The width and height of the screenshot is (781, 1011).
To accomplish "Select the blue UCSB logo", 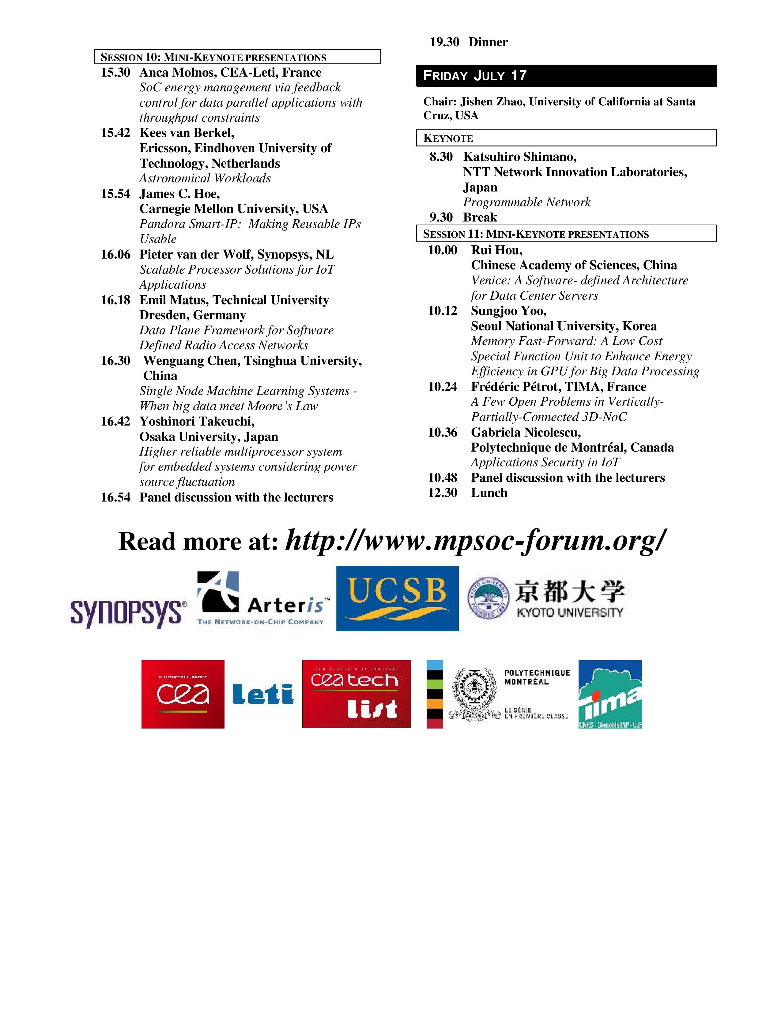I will pos(397,598).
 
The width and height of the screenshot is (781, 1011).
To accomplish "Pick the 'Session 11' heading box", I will pos(566,234).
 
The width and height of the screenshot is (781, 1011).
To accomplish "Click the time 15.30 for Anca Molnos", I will pos(116,73).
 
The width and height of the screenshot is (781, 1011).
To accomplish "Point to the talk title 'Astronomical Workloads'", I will pos(205,178).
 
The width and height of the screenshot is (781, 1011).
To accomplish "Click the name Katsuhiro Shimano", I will pos(519,157).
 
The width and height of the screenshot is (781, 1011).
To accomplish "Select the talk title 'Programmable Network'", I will pos(526,202).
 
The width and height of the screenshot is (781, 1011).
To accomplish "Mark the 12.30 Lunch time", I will pos(442,493).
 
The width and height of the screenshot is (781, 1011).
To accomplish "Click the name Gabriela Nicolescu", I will pos(526,432).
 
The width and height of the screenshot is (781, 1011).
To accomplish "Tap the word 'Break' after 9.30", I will pos(480,218).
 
